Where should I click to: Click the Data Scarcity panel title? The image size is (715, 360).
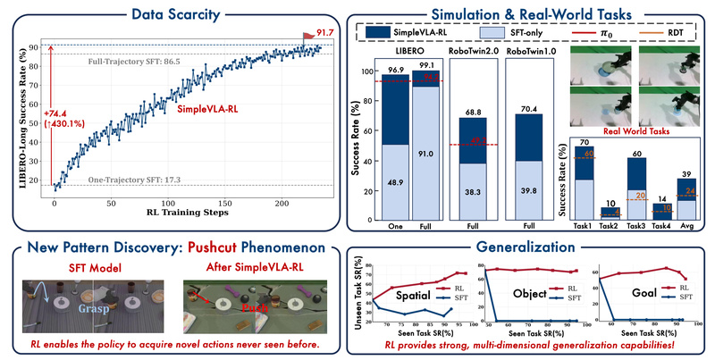pos(176,14)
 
